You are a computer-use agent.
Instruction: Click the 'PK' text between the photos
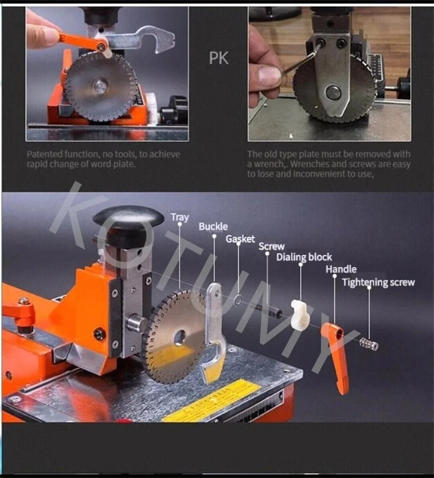pyautogui.click(x=219, y=58)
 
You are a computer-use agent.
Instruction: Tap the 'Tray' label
pyautogui.click(x=180, y=217)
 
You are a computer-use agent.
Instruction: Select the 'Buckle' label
pyautogui.click(x=213, y=227)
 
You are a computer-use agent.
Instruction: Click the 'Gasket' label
pyautogui.click(x=240, y=239)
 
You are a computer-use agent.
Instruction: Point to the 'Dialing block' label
pyautogui.click(x=304, y=257)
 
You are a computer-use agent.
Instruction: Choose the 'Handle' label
pyautogui.click(x=341, y=269)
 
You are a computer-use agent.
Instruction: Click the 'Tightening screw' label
pyautogui.click(x=378, y=282)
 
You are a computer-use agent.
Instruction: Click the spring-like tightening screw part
pyautogui.click(x=369, y=344)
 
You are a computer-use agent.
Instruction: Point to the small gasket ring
pyautogui.click(x=238, y=300)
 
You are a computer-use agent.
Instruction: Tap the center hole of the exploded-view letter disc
pyautogui.click(x=180, y=338)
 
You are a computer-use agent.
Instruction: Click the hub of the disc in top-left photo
pyautogui.click(x=100, y=87)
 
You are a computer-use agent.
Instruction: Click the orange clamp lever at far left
pyautogui.click(x=19, y=314)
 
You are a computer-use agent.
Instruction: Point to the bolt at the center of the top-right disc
pyautogui.click(x=333, y=92)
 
